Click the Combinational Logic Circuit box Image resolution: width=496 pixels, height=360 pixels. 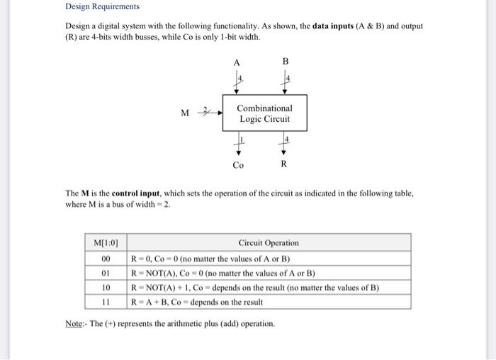pos(264,113)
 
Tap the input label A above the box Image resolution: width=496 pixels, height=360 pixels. pos(237,61)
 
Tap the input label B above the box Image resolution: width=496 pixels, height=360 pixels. pos(286,61)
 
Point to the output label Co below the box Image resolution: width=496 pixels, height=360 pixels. pos(238,165)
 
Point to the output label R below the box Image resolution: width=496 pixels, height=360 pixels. pos(283,165)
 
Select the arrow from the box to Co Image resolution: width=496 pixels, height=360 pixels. pos(238,145)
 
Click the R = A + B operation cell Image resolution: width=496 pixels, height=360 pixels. pos(197,302)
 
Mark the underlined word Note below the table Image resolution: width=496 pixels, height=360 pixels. pos(74,324)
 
